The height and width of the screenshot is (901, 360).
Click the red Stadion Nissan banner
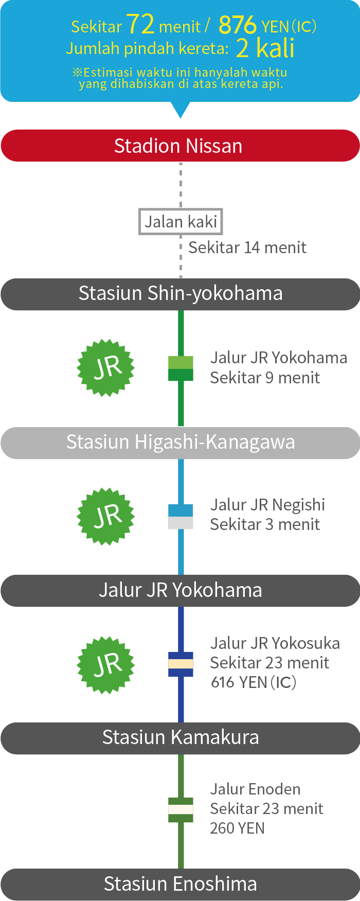tap(180, 146)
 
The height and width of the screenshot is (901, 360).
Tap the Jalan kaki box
tap(181, 222)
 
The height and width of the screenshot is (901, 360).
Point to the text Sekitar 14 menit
tap(247, 248)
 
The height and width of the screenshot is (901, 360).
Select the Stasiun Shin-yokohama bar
tap(180, 294)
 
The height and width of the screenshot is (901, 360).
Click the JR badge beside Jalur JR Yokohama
tap(106, 367)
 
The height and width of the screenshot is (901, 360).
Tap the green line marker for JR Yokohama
tap(181, 368)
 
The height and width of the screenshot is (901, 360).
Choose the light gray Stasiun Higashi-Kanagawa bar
tap(180, 443)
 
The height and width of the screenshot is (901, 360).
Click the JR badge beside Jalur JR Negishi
tap(106, 516)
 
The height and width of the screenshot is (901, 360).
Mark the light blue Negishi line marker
tap(181, 517)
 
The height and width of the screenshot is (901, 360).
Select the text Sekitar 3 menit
tap(265, 524)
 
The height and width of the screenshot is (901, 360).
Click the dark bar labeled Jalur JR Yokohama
tap(180, 590)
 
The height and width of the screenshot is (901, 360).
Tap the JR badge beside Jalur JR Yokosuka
tap(106, 664)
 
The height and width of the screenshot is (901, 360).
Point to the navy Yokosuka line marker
tap(181, 664)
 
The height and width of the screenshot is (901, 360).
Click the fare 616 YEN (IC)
tap(254, 682)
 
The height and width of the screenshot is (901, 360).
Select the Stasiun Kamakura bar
tap(180, 738)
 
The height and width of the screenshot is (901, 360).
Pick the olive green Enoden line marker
tap(181, 809)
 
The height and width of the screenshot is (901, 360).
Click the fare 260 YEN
tap(237, 828)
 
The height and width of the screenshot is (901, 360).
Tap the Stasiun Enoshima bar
tap(180, 884)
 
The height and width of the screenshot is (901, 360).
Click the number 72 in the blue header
tap(140, 24)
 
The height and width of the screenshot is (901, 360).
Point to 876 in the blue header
tap(237, 25)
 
